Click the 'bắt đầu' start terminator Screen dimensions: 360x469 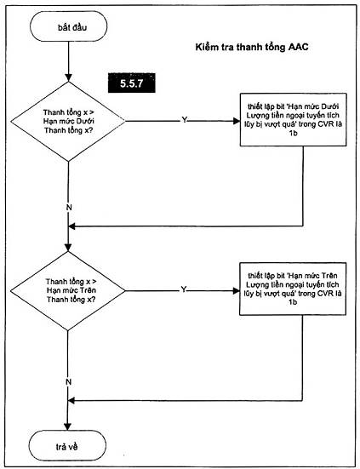point(68,27)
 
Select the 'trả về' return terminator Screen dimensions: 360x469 point(68,445)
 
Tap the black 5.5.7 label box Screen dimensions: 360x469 point(132,83)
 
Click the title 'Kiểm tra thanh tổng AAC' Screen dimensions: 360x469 point(252,48)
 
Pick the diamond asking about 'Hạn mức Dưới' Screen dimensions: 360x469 point(68,122)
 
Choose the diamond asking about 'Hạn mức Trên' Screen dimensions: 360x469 point(67,291)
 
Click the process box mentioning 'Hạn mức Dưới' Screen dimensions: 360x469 point(293,120)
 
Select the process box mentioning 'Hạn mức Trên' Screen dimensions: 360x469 point(293,289)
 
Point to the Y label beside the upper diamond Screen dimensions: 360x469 point(185,120)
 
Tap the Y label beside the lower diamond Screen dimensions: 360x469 point(184,289)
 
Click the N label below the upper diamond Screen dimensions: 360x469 point(69,208)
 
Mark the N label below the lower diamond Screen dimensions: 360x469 point(68,382)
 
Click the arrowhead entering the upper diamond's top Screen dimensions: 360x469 point(68,77)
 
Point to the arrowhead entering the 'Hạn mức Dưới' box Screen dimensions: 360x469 point(237,121)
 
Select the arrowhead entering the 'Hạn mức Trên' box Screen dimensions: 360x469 point(236,291)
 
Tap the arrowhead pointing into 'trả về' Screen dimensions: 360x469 point(68,426)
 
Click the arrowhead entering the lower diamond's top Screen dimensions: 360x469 point(68,247)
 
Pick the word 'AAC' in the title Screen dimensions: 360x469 point(299,48)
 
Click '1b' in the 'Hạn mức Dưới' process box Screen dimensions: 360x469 point(293,134)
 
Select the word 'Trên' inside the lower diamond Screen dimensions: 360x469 point(89,290)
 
